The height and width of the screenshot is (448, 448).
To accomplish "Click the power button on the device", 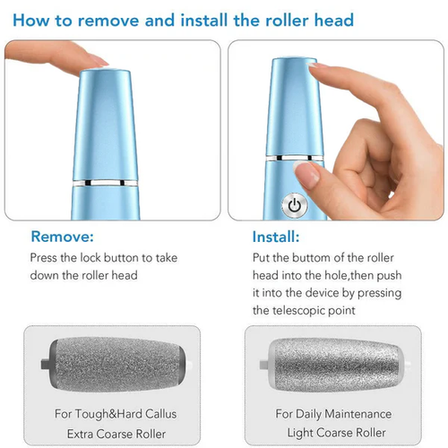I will pos(294,205).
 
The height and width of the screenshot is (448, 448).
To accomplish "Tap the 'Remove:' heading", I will pos(61,237).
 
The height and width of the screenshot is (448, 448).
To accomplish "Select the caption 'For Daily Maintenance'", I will pos(333,413).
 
